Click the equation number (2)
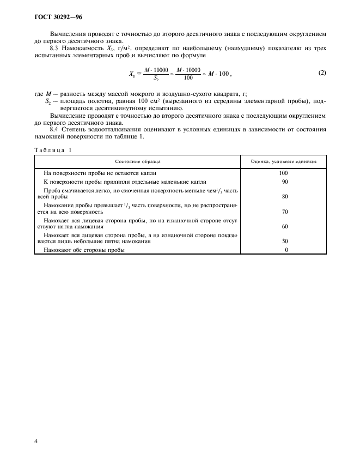tap(321, 73)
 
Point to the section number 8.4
tap(54, 130)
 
